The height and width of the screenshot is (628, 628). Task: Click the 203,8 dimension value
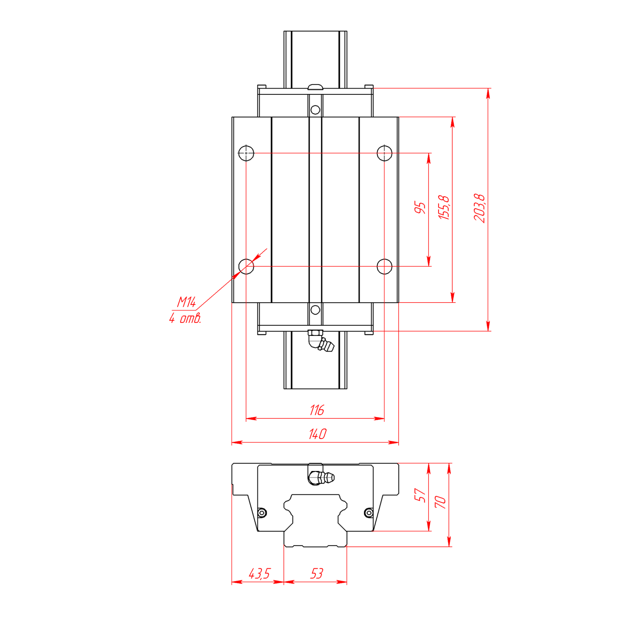[x=479, y=208]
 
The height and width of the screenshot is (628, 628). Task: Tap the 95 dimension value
[x=420, y=208]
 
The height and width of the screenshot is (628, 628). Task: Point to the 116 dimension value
[x=317, y=410]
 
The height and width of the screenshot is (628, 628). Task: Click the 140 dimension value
[x=317, y=434]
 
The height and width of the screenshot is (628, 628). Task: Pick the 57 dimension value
[x=420, y=495]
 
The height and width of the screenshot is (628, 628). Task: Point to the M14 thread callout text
[x=186, y=302]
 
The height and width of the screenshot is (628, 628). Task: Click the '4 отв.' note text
[x=185, y=318]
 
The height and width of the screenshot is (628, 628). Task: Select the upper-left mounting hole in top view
[x=246, y=153]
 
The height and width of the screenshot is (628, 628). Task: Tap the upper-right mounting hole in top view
[x=384, y=153]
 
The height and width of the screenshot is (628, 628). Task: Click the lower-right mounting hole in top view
[x=384, y=266]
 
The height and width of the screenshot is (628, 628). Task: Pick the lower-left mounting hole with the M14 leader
[x=246, y=266]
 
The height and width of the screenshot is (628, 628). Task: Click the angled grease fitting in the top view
[x=321, y=341]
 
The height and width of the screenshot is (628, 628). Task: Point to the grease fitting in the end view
[x=321, y=478]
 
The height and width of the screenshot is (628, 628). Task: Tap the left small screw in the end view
[x=262, y=513]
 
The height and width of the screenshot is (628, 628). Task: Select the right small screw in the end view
[x=369, y=513]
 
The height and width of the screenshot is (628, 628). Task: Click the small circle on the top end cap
[x=315, y=110]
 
